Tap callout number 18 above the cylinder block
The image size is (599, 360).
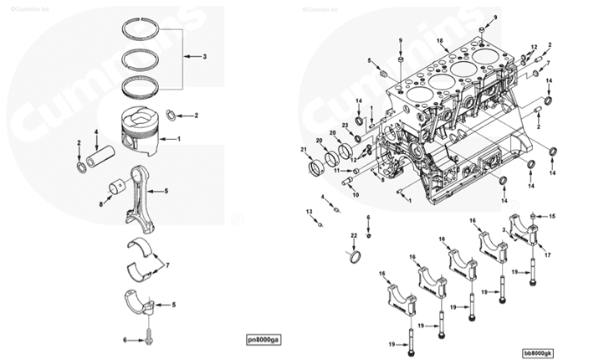(440, 41)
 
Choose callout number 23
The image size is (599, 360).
(345, 125)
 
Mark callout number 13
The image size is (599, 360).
(309, 213)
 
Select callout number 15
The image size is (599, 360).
(552, 216)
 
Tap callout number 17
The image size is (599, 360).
(546, 254)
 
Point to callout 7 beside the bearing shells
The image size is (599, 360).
(167, 265)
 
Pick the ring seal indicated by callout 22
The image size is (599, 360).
(356, 255)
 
